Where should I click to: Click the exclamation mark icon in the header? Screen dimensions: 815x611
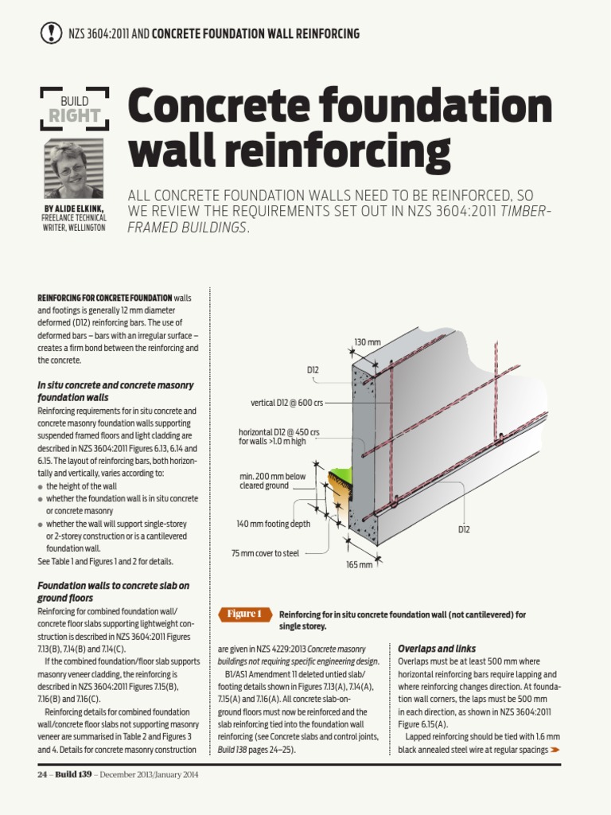tap(50, 33)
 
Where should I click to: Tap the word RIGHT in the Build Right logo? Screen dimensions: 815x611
tap(74, 117)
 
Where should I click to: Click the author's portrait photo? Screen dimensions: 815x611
tap(73, 170)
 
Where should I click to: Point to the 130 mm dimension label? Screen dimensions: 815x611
tap(368, 342)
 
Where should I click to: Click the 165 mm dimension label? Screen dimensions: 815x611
tap(359, 564)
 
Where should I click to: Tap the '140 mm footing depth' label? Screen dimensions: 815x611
tap(273, 524)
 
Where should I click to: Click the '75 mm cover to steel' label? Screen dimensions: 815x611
tap(265, 552)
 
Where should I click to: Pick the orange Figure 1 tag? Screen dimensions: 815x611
tap(244, 614)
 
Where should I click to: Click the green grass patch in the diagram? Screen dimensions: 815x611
tap(340, 478)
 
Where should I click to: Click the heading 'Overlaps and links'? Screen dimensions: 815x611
tap(437, 649)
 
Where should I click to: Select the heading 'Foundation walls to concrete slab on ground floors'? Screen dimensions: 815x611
tap(114, 591)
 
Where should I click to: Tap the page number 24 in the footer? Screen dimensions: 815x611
tap(43, 774)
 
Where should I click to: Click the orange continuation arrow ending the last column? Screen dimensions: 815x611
tap(555, 750)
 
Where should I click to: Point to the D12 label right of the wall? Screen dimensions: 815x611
tap(465, 528)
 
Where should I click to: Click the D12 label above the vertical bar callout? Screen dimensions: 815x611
tap(313, 370)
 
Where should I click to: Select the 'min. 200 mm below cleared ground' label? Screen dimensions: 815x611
tap(272, 481)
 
